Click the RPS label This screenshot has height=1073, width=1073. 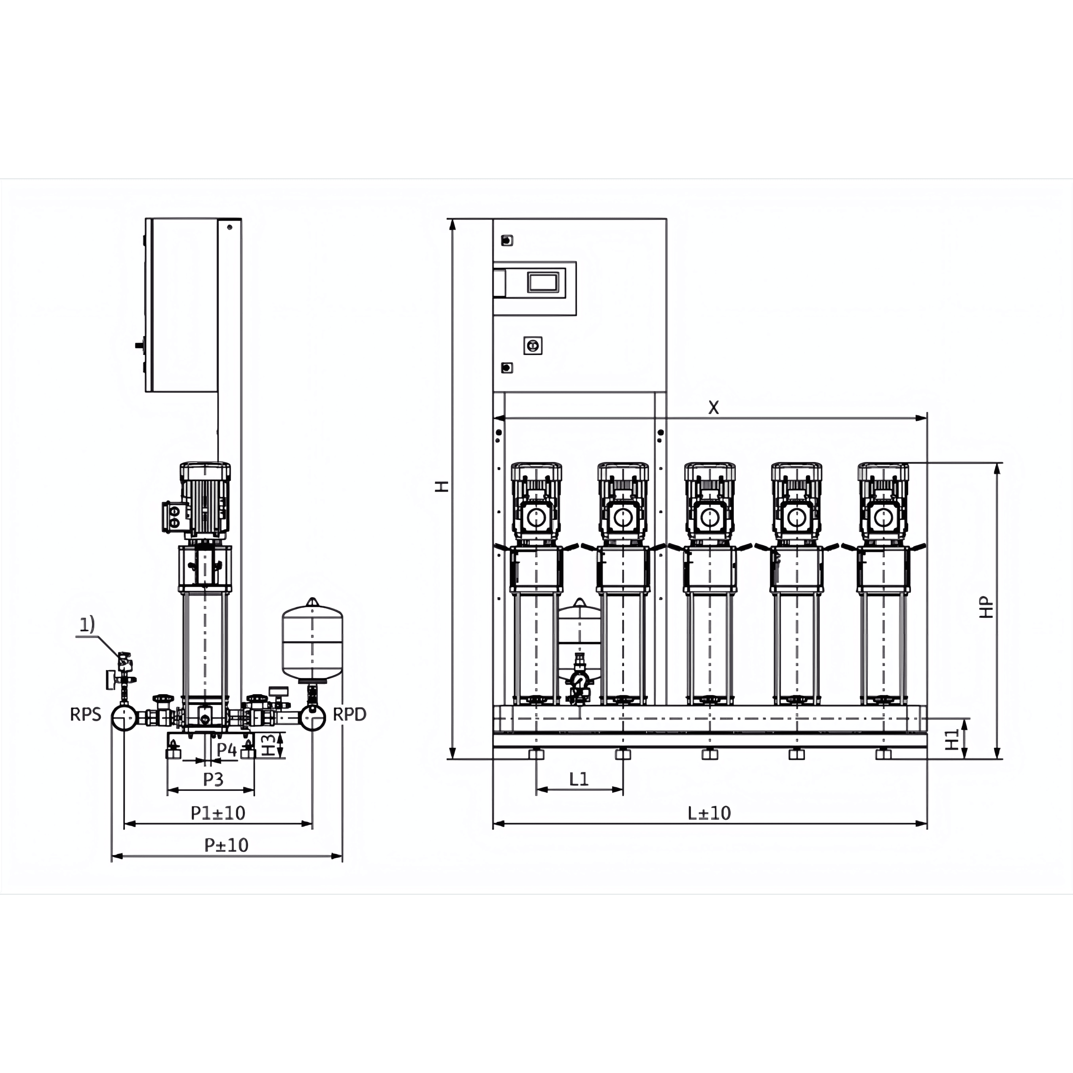pos(86,714)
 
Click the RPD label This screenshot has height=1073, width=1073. pos(349,714)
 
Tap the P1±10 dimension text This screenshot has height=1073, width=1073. pos(218,813)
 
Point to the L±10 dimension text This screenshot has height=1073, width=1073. pos(709,813)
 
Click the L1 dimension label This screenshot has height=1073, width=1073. pos(579,779)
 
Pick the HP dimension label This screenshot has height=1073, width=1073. pos(986,607)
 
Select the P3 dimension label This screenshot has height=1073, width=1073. pos(213,779)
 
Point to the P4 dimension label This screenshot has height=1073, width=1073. pos(227,750)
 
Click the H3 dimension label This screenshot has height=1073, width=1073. pos(268,745)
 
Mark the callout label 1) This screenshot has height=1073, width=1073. pos(87,625)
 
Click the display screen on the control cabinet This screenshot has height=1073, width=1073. pos(542,283)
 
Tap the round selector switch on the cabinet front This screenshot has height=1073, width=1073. pos(533,346)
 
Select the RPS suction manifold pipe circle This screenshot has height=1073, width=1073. pos(124,718)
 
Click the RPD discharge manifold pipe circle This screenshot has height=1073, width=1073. pos(313,718)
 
